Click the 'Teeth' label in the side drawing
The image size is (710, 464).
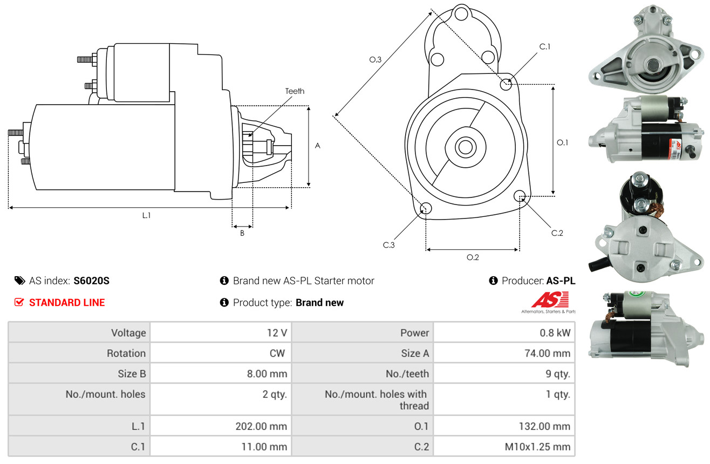pos(295,91)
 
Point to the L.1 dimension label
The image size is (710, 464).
pos(146,215)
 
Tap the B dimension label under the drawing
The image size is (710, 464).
pos(242,233)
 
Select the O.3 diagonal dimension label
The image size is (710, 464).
pos(376,59)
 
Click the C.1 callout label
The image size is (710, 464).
pos(544,46)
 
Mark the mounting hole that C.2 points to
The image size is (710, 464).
pos(520,196)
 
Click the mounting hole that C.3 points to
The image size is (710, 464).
pos(426,208)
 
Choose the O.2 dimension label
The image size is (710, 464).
pos(473,257)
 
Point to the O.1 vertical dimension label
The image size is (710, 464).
pos(562,142)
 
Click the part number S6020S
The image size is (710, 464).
pos(91,281)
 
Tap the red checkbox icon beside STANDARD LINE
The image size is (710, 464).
pos(19,302)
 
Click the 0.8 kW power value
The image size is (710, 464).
pos(555,333)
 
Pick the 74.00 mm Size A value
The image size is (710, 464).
pos(548,353)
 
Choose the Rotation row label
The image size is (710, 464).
pos(126,353)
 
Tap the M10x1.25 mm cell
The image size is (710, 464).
pos(537,447)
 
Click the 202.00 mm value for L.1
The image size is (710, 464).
pos(261,426)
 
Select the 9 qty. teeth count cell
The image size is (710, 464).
pos(558,374)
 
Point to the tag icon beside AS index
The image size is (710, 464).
pos(19,281)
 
